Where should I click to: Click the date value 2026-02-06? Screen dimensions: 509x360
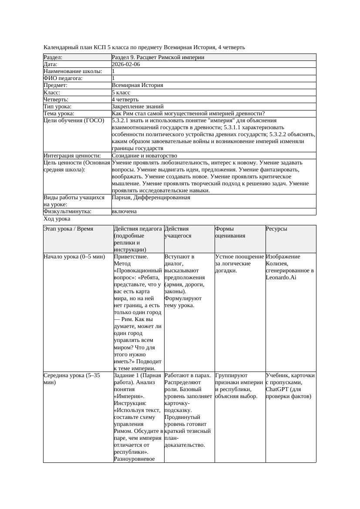[126, 64]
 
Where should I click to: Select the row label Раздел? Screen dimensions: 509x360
[53, 57]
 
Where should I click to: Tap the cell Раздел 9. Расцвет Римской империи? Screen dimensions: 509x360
[158, 57]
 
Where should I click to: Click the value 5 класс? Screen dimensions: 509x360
[121, 93]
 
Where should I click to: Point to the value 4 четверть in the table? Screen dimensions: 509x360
[125, 100]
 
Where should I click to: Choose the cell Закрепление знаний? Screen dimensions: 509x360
[138, 107]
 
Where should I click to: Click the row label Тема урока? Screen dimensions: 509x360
[59, 114]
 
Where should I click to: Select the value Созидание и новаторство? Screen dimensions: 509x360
[144, 156]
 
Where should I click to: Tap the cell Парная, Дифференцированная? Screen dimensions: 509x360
[151, 198]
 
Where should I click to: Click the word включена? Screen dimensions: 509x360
[124, 211]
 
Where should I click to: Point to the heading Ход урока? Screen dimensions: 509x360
[57, 219]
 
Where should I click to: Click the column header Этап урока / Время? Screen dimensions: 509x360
[68, 229]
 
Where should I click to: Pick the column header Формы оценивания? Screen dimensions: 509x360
[230, 232]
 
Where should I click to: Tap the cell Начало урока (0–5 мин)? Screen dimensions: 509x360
[74, 257]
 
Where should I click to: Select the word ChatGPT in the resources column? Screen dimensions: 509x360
[277, 389]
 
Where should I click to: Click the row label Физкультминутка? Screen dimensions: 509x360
[67, 211]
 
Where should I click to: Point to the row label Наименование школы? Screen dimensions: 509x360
[73, 71]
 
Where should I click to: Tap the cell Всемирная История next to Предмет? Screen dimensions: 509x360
[137, 86]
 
